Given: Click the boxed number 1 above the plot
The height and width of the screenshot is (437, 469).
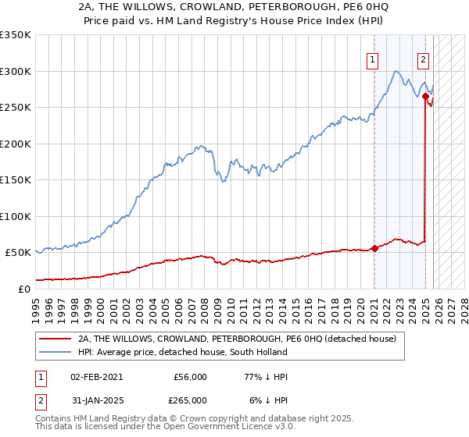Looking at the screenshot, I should pos(372,59).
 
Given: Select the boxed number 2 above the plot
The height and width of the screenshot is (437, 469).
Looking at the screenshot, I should pos(424,59).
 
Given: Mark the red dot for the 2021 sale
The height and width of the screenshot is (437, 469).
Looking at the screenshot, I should pos(374,248).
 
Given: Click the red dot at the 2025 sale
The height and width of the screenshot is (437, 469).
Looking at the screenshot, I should pos(426,97).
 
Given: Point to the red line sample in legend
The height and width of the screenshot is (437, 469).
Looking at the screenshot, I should pos(55,339).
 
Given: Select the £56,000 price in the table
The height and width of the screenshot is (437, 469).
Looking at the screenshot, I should pos(190,377).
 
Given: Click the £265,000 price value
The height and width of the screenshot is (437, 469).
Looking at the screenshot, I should pos(190,400).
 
